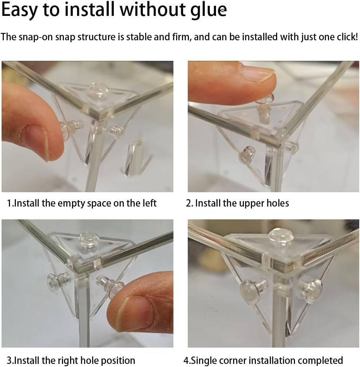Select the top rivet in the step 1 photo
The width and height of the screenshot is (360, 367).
click(99, 90)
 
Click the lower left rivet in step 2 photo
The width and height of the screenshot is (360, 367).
click(246, 154)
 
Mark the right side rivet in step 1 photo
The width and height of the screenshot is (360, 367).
click(117, 131)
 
